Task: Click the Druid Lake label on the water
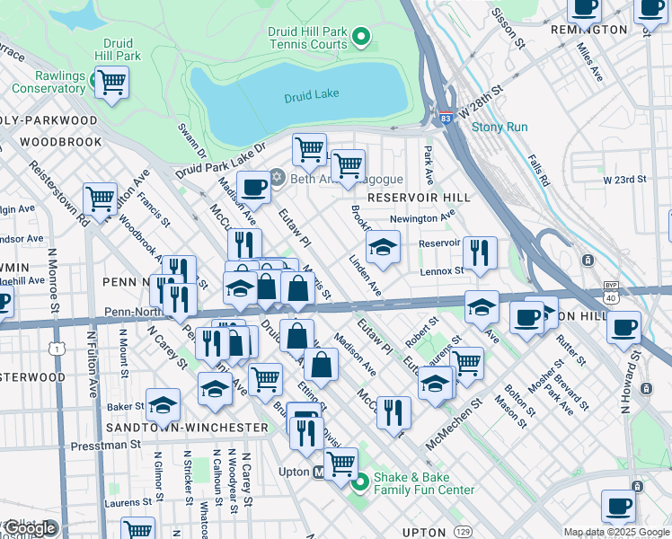click(312, 97)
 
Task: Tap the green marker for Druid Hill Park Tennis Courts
click(361, 38)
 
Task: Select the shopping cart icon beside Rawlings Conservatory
click(111, 84)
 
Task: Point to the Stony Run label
click(500, 127)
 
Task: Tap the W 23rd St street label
click(624, 180)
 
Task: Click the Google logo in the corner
click(30, 528)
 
